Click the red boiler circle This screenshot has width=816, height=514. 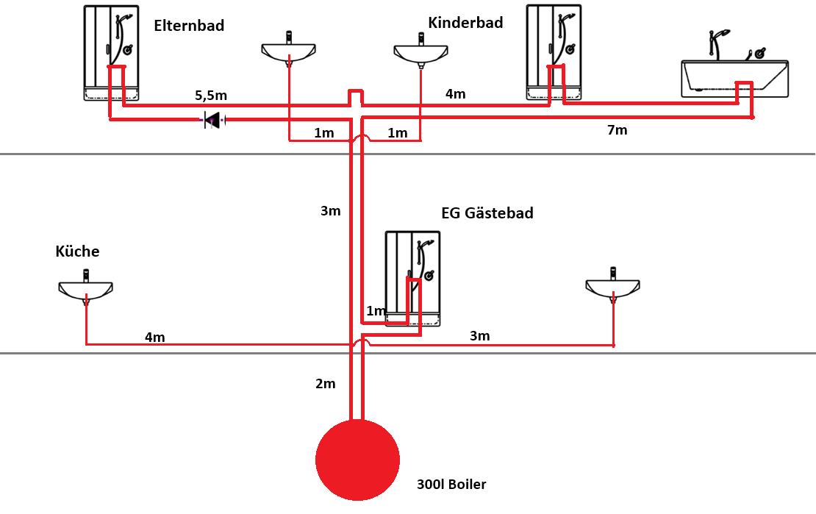pyautogui.click(x=357, y=460)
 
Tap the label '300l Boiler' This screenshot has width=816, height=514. pyautogui.click(x=451, y=485)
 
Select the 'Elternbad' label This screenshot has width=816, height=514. pyautogui.click(x=189, y=26)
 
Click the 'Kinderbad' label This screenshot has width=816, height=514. pyautogui.click(x=465, y=23)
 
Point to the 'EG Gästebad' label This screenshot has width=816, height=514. pyautogui.click(x=487, y=213)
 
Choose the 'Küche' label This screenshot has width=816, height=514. pyautogui.click(x=77, y=251)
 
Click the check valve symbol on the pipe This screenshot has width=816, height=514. pyautogui.click(x=212, y=121)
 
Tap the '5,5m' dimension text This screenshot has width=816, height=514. pyautogui.click(x=211, y=96)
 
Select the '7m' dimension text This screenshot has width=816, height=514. pyautogui.click(x=618, y=130)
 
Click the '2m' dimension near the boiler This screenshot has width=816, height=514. pyautogui.click(x=325, y=384)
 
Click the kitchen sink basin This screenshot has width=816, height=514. pyautogui.click(x=85, y=287)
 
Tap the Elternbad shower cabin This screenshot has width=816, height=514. pyautogui.click(x=111, y=53)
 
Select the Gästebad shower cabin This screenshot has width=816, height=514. pyautogui.click(x=412, y=279)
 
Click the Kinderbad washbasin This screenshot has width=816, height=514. pyautogui.click(x=420, y=50)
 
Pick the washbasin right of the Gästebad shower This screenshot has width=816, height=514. pyautogui.click(x=612, y=285)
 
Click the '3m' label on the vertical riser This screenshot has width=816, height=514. pyautogui.click(x=331, y=211)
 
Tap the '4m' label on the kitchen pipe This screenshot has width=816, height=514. pyautogui.click(x=154, y=338)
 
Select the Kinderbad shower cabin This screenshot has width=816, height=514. pyautogui.click(x=554, y=52)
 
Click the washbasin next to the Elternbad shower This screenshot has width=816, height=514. pyautogui.click(x=288, y=49)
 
